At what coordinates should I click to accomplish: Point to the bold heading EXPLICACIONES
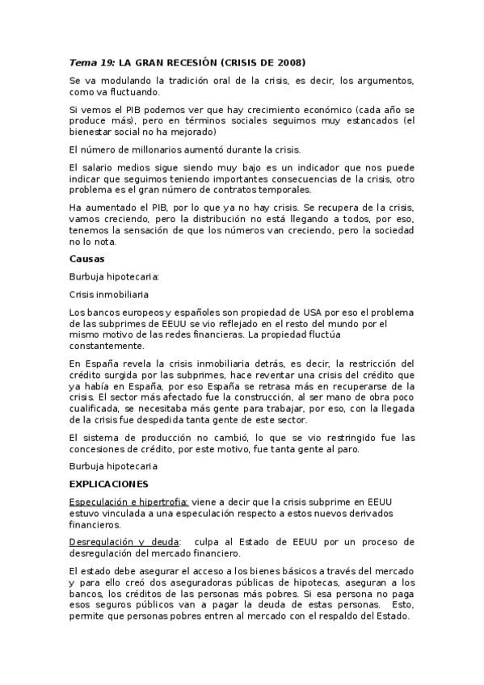coord(109,484)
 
